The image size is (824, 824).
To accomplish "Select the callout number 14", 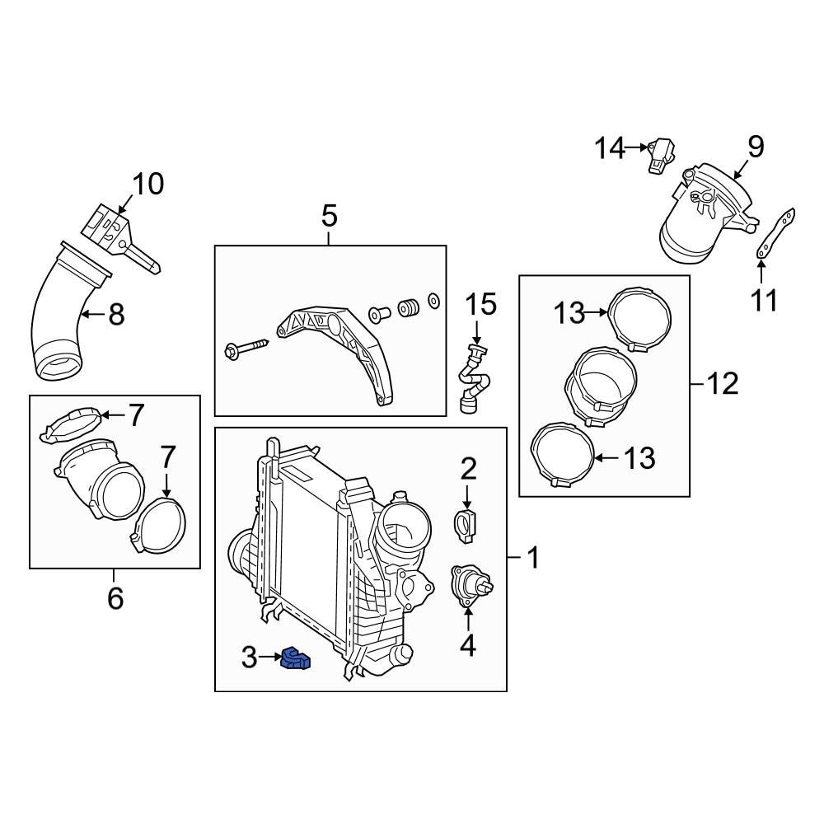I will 611,148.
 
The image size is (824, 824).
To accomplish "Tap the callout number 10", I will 148,184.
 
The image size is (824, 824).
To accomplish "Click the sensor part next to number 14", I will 660,154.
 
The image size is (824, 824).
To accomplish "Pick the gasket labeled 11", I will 775,237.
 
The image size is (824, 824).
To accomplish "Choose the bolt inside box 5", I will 246,348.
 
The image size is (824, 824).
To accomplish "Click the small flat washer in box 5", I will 434,301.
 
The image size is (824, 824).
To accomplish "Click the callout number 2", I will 468,470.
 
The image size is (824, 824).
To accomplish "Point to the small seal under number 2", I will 467,525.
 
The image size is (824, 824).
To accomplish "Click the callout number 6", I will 115,597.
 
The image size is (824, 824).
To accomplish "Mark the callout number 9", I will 756,147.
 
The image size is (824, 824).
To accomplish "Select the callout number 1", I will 532,558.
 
